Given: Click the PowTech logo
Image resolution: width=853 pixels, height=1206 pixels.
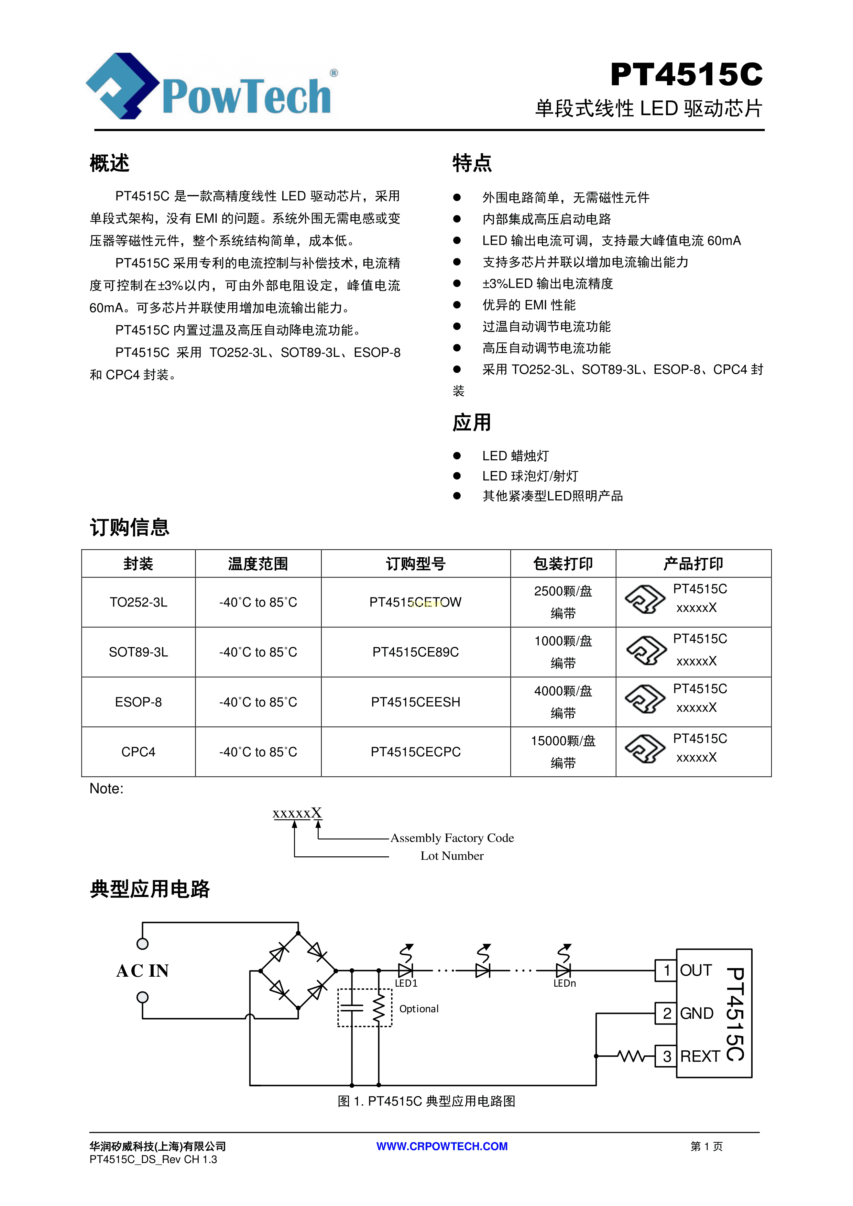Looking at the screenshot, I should (212, 87).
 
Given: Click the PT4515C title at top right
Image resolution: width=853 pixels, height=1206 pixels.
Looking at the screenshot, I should (686, 75).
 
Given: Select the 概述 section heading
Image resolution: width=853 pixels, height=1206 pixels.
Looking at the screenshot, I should (109, 163).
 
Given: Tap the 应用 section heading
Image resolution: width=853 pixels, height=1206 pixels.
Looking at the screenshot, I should (472, 422).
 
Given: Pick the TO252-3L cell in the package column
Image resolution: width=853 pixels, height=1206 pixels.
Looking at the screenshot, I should (138, 602).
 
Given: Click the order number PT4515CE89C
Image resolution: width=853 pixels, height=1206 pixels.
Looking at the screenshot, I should (415, 653).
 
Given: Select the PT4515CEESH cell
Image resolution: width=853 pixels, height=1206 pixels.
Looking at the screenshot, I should (415, 702).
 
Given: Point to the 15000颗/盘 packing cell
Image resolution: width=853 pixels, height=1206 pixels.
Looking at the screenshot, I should (563, 741).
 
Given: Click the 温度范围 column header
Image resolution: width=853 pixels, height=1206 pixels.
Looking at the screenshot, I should (258, 564).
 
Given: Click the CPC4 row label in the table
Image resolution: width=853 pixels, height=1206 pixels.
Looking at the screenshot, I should (138, 752).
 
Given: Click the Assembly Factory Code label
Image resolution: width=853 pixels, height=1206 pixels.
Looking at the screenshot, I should (452, 838).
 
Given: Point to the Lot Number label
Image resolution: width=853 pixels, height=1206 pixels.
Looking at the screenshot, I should (452, 856).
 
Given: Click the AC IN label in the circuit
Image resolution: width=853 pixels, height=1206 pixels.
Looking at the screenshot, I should (142, 971).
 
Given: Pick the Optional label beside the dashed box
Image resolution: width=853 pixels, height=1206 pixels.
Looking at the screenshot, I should (419, 1009).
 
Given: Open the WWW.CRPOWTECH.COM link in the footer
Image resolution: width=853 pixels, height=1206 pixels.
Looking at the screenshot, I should (442, 1147).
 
